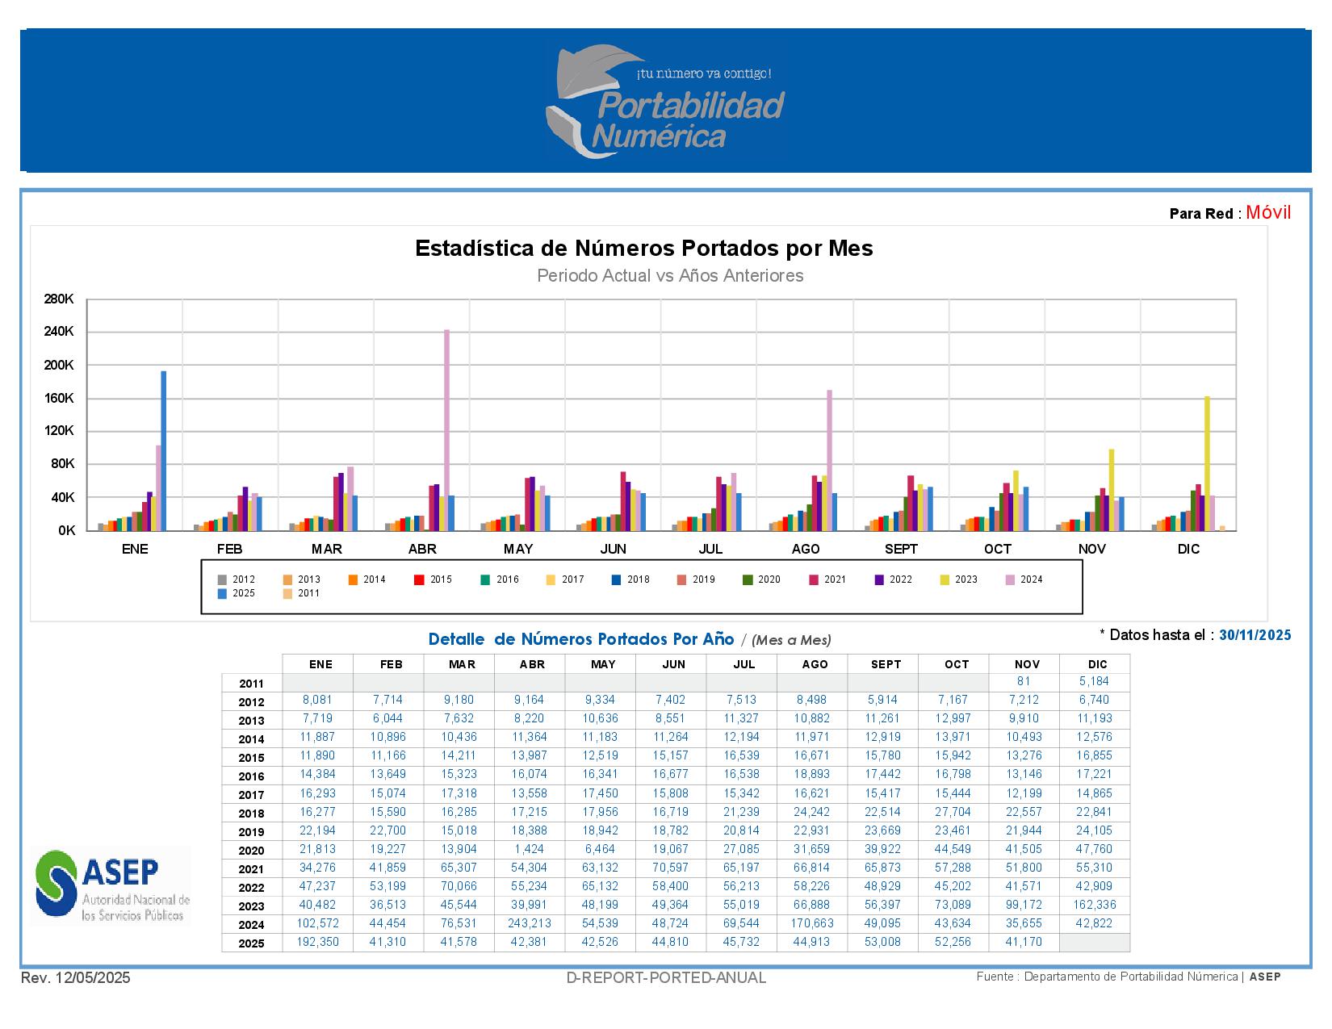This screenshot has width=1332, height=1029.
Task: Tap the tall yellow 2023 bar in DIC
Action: point(1207,463)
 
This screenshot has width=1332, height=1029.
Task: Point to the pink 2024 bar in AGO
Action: point(829,460)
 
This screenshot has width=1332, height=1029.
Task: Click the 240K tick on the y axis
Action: point(59,332)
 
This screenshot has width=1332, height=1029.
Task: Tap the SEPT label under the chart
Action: point(901,550)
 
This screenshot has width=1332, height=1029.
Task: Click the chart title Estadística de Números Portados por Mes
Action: point(643,248)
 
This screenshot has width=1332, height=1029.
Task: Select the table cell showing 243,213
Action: point(530,923)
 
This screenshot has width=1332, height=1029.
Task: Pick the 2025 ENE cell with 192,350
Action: point(318,942)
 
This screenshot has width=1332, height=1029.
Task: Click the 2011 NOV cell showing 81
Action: point(1024,681)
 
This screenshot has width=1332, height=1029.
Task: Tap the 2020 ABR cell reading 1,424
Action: point(530,849)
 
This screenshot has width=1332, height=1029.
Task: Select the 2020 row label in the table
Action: point(251,851)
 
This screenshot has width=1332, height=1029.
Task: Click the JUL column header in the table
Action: point(743,664)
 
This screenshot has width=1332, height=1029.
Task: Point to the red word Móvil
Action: point(1268,212)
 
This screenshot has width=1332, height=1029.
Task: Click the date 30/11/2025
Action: point(1255,635)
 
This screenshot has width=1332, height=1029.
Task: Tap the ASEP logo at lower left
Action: point(111,885)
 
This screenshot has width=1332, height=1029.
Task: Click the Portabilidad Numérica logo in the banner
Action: point(665,101)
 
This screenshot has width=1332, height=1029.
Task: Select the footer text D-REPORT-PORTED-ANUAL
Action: point(666,978)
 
